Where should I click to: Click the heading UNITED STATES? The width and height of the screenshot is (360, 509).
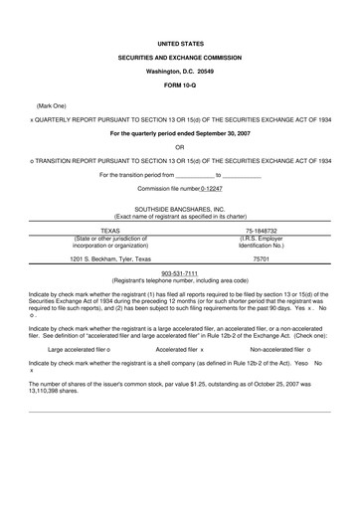[x=180, y=45]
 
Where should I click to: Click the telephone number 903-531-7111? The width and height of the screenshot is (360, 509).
[x=180, y=273]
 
